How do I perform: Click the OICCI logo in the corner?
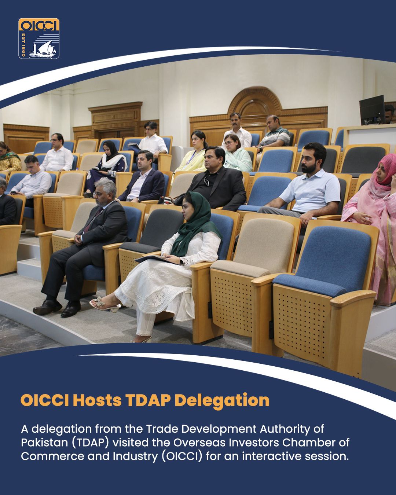click(38, 38)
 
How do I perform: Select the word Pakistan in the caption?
click(44, 442)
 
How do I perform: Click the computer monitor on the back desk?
click(372, 110)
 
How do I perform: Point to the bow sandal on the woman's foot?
click(105, 304)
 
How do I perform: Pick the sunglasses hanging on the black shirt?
click(206, 181)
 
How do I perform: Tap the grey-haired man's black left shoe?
click(47, 307)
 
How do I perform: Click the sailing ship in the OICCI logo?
click(46, 49)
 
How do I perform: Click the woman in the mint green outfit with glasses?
click(237, 153)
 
